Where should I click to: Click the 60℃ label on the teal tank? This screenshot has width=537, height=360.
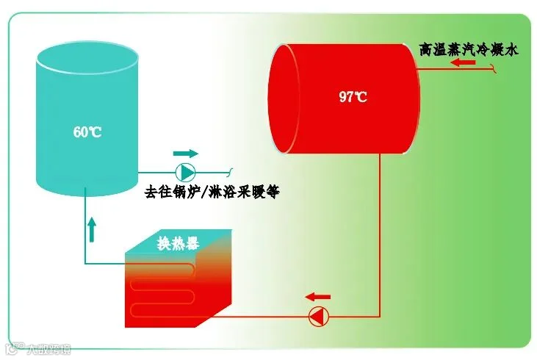pos(87,132)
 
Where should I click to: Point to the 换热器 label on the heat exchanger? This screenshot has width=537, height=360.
pos(178,244)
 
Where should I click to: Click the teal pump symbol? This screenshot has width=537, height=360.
pos(187,173)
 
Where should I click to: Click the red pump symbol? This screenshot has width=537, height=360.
pos(317,317)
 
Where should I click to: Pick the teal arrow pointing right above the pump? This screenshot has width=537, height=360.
pos(186,154)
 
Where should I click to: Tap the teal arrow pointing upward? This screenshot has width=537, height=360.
pos(93,229)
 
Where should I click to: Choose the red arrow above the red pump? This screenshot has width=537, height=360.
pos(318,297)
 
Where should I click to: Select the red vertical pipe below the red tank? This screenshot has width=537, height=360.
pos(379,235)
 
